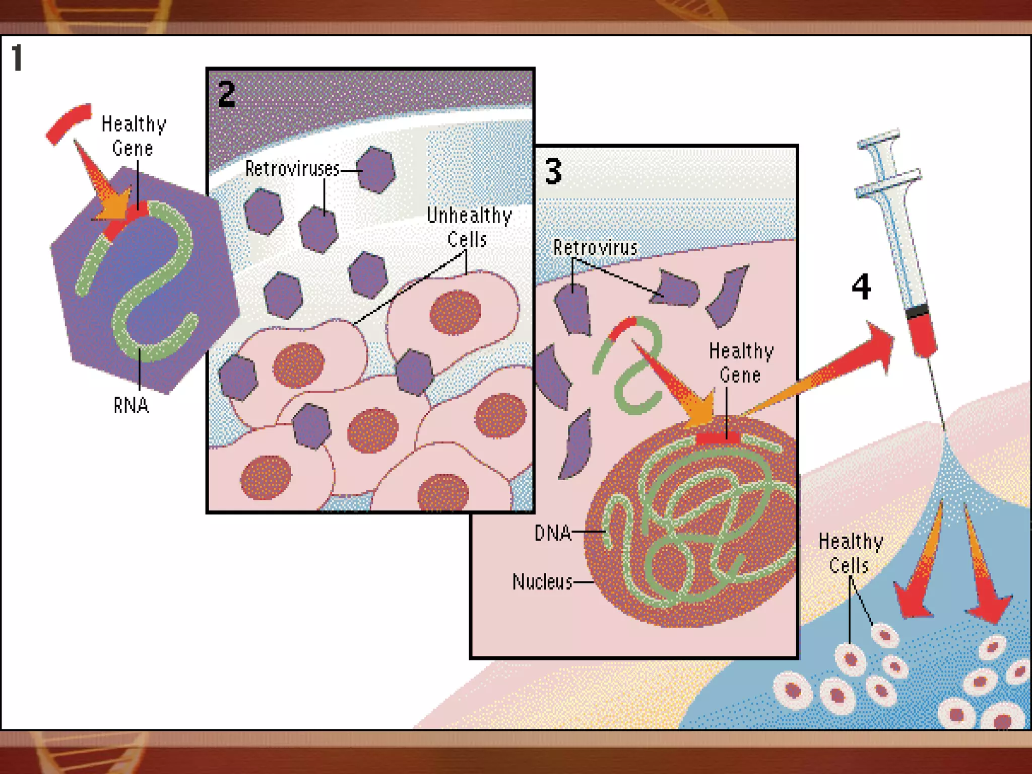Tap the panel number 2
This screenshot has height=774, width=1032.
click(226, 94)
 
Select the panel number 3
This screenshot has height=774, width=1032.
click(553, 171)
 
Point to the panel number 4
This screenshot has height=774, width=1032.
click(861, 286)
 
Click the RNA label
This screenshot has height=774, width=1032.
click(131, 406)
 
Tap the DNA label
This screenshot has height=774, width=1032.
click(553, 533)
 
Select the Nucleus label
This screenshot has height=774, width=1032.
click(542, 582)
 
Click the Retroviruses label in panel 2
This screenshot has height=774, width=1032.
click(292, 169)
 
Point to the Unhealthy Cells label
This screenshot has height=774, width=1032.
click(469, 227)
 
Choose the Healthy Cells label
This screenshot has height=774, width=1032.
click(850, 553)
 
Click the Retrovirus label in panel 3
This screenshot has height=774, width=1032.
click(595, 247)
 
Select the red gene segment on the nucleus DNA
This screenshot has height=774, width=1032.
click(718, 438)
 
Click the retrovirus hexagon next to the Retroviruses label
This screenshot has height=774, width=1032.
click(376, 170)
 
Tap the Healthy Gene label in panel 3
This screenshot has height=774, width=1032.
click(741, 363)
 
